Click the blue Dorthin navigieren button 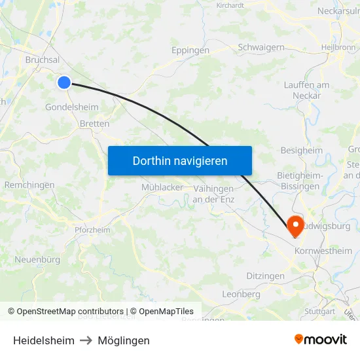click(180, 160)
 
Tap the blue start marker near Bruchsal click(64, 82)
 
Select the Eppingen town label click(190, 50)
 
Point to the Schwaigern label click(261, 47)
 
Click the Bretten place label click(94, 123)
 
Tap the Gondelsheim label click(72, 107)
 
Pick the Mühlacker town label click(162, 187)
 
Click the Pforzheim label click(92, 230)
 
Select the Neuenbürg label click(37, 260)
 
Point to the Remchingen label click(29, 185)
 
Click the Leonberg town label click(242, 295)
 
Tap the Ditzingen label click(266, 276)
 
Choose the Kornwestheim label click(323, 251)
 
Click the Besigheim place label click(302, 151)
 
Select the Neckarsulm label click(338, 11)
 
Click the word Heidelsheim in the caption click(43, 340)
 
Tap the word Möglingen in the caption click(124, 340)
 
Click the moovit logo click(321, 339)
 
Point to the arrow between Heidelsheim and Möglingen click(85, 340)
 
